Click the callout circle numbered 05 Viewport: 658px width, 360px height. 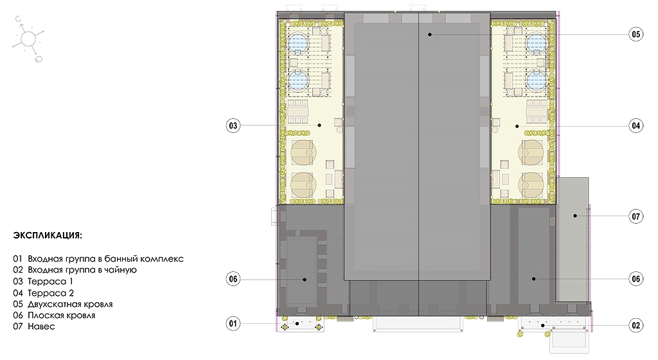(x=636, y=34)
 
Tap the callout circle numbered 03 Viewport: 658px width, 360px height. (x=233, y=125)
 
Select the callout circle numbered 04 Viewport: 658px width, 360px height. (x=636, y=125)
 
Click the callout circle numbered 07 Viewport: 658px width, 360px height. (x=636, y=216)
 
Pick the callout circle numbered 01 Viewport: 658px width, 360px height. (x=233, y=323)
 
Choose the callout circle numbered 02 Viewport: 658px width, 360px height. (x=636, y=325)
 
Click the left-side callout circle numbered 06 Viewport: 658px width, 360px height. (x=233, y=279)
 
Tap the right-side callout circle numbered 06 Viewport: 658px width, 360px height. (x=636, y=279)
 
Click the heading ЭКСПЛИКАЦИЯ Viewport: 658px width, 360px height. (x=48, y=235)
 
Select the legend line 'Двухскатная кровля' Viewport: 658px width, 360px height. (x=62, y=304)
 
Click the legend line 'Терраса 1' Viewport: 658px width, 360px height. (x=43, y=281)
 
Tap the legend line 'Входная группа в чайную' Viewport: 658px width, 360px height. (x=75, y=270)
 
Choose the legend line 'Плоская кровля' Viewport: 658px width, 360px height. (x=54, y=315)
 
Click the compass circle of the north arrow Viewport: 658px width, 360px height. (x=28, y=39)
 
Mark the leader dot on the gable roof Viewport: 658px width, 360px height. (x=430, y=35)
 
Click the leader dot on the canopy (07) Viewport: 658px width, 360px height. (x=575, y=215)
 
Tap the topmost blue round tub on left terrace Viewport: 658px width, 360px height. (x=298, y=43)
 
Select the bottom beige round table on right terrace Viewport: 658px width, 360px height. (x=531, y=184)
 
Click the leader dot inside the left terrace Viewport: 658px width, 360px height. (x=319, y=125)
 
